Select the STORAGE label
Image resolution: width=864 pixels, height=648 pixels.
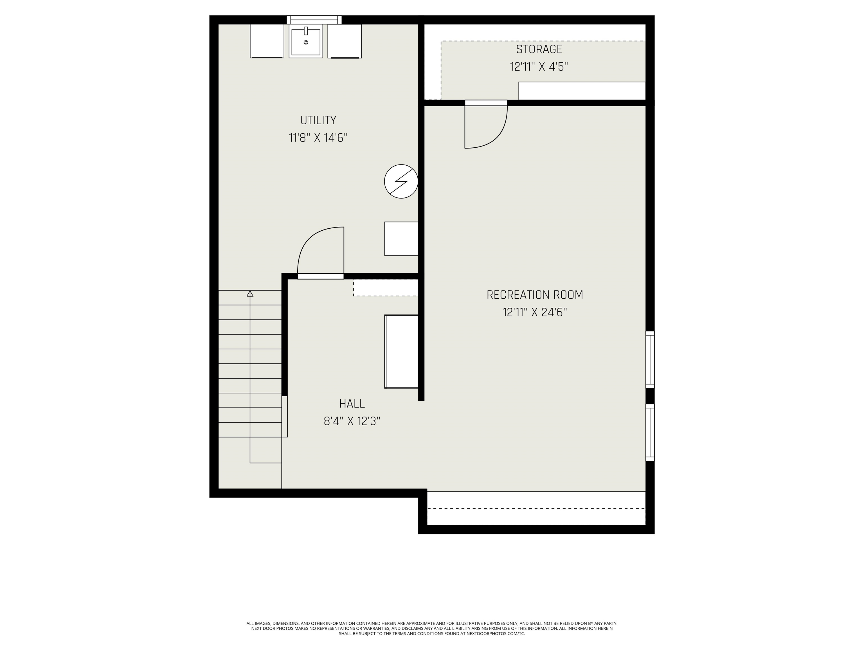pos(539,49)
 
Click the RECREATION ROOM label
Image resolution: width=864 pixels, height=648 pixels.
pos(534,295)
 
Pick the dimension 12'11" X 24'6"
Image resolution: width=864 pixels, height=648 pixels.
pos(534,312)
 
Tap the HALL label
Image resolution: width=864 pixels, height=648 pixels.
pos(352,404)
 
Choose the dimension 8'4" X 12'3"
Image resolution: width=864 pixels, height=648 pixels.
pos(352,421)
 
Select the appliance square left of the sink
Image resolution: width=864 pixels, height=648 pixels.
pos(267,41)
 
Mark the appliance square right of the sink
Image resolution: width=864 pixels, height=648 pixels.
pos(345,41)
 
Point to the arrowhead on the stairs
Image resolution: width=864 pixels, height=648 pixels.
pos(250,294)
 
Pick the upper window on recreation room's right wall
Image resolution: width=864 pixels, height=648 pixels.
pos(650,359)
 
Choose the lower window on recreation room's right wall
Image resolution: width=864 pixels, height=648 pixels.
pos(650,432)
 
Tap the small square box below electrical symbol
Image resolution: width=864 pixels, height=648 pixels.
pos(401,239)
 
